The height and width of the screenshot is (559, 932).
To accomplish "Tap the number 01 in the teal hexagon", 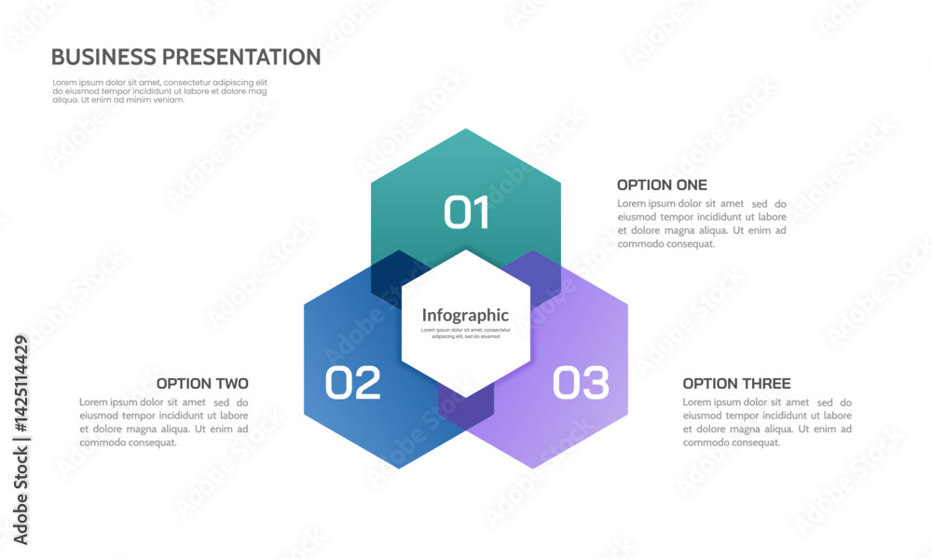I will pos(466,212).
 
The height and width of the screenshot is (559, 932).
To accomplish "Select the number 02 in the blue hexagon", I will pos(353,384).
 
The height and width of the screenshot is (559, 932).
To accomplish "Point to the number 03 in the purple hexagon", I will pos(581,384).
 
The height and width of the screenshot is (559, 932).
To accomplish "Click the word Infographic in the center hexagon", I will pos(465,315).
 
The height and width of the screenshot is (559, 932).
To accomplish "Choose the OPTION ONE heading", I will pos(662,185).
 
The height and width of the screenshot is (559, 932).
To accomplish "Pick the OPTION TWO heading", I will pos(202,384).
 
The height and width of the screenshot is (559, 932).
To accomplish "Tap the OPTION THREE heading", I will pos(736,384).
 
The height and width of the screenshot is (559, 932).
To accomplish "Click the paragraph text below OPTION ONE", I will pos(701,224).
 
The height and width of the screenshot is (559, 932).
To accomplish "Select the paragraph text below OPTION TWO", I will pos(164,422).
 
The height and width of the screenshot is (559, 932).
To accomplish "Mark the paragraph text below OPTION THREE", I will pos(766,422).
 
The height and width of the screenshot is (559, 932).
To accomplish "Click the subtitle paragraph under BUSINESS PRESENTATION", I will pos(159,91).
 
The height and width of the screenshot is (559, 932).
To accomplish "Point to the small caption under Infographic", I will pos(465,333).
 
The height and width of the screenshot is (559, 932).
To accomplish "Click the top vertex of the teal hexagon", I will pos(466,130).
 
